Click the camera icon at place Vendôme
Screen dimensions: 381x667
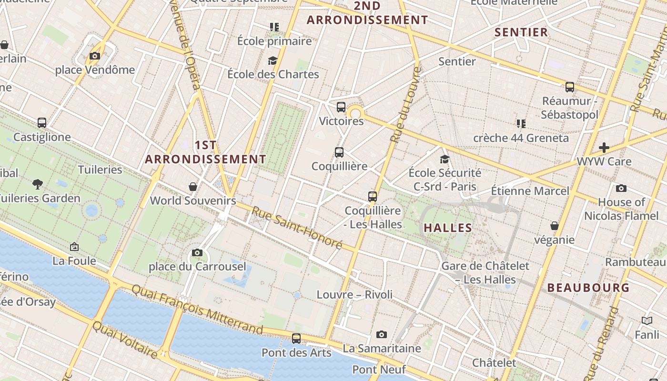tap(95, 56)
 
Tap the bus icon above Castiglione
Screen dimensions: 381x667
tap(42, 123)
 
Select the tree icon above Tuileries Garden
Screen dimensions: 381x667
tap(38, 184)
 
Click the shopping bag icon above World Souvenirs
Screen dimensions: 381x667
tap(193, 186)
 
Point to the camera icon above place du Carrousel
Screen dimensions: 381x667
tap(197, 252)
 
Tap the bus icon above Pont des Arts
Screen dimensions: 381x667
tap(296, 339)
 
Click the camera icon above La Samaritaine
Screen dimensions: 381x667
tap(382, 334)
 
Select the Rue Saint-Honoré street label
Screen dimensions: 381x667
tap(297, 228)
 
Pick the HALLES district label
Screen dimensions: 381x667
tap(448, 228)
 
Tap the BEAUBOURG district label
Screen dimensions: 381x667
tap(588, 288)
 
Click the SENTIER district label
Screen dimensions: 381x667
tap(521, 32)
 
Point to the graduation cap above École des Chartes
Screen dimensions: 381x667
tap(273, 60)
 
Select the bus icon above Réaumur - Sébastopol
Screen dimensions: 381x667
tap(570, 87)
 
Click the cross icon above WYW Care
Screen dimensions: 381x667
tap(604, 147)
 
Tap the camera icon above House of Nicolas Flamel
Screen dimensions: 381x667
tap(621, 188)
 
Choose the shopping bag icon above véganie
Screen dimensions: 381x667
tap(555, 225)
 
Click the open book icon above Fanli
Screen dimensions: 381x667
tap(647, 321)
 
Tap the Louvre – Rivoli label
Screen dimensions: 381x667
tap(355, 295)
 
